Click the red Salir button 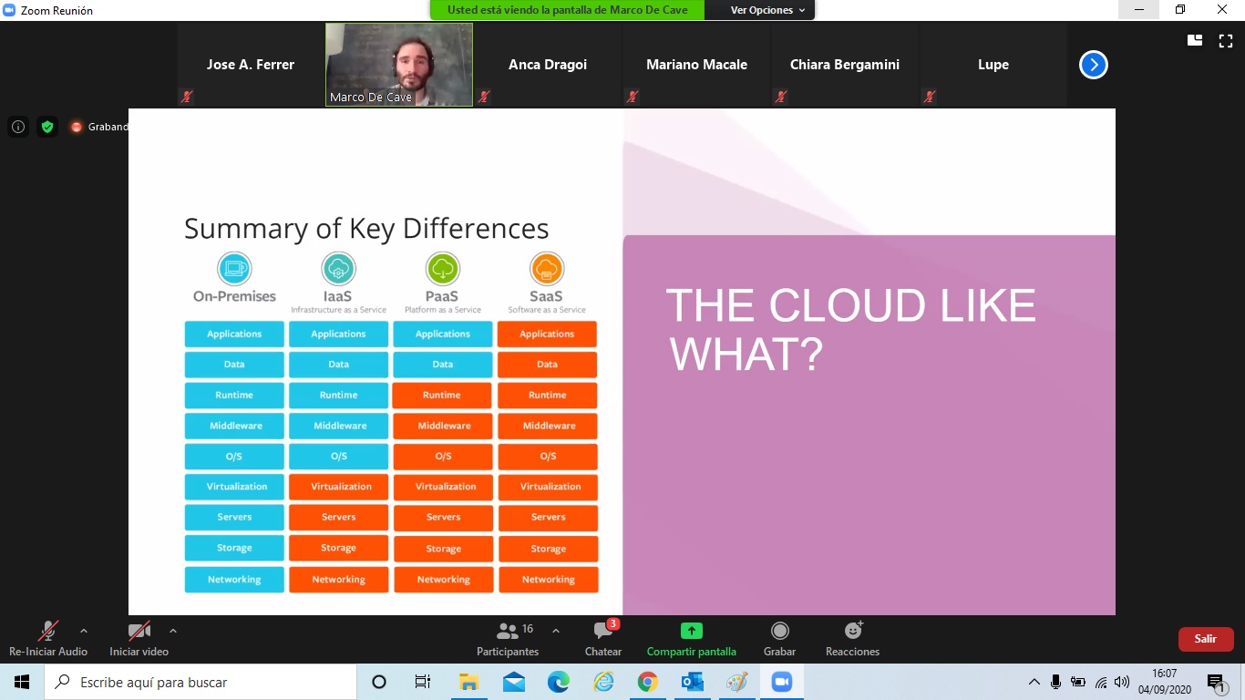pyautogui.click(x=1205, y=639)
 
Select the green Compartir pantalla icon pyautogui.click(x=692, y=631)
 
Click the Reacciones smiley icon pyautogui.click(x=853, y=631)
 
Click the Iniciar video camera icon pyautogui.click(x=139, y=631)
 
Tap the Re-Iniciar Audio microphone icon pyautogui.click(x=47, y=631)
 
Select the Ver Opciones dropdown pyautogui.click(x=767, y=10)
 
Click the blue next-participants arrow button pyautogui.click(x=1094, y=65)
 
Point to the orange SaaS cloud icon pyautogui.click(x=546, y=269)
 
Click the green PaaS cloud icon pyautogui.click(x=442, y=269)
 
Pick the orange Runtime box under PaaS pyautogui.click(x=442, y=395)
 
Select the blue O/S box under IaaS pyautogui.click(x=338, y=456)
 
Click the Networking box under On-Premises pyautogui.click(x=234, y=580)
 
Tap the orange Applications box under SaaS pyautogui.click(x=547, y=334)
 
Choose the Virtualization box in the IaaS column pyautogui.click(x=338, y=487)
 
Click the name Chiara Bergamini pyautogui.click(x=844, y=65)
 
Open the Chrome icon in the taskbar pyautogui.click(x=647, y=682)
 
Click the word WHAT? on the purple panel pyautogui.click(x=746, y=355)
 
